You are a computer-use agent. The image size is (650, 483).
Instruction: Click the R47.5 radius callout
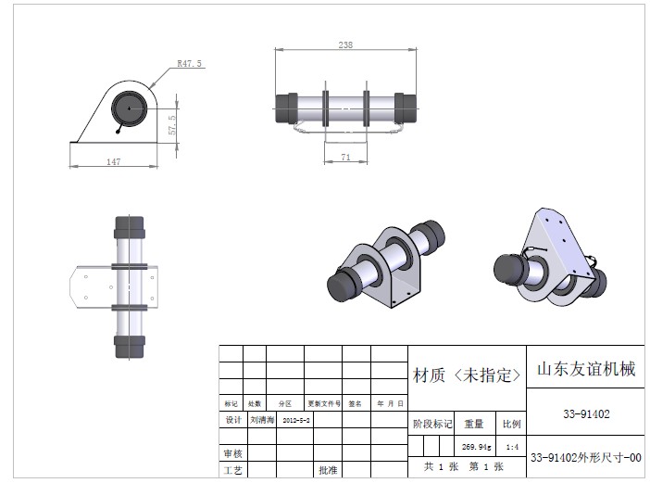click(189, 64)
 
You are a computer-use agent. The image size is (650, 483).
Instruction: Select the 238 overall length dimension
click(345, 44)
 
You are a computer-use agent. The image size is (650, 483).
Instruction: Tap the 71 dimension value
click(345, 158)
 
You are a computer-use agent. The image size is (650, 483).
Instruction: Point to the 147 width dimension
click(113, 161)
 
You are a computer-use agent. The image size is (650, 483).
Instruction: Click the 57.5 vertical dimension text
click(172, 123)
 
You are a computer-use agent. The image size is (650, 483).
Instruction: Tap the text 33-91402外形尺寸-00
click(584, 458)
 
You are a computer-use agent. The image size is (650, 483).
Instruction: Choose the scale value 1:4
click(512, 446)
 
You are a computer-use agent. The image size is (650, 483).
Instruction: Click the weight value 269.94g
click(475, 446)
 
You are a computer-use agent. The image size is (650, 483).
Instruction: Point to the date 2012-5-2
click(295, 420)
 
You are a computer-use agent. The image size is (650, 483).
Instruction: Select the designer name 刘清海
click(261, 420)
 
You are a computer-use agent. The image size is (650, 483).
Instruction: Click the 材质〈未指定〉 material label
click(467, 375)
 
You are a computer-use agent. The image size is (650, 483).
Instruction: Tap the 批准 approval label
click(328, 471)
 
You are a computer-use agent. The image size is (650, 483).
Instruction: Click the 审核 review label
click(232, 454)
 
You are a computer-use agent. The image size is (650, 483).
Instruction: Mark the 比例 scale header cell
click(512, 424)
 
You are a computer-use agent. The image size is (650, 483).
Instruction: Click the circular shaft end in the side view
click(129, 109)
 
